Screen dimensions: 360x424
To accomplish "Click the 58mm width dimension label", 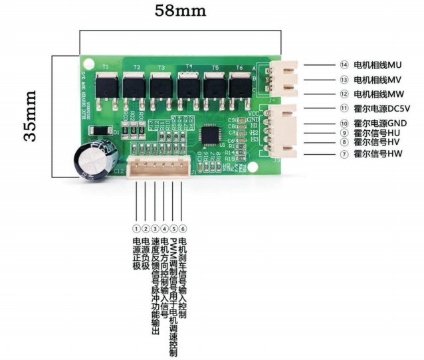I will coord(180,11).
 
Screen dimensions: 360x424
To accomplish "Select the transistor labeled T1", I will coord(106,86).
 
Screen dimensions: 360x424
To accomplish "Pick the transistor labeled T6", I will coord(240,86).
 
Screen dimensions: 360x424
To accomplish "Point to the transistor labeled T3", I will coord(161,86).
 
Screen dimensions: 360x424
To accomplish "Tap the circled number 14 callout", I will coord(344,65).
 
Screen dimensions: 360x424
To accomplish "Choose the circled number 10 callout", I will coord(344,123).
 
